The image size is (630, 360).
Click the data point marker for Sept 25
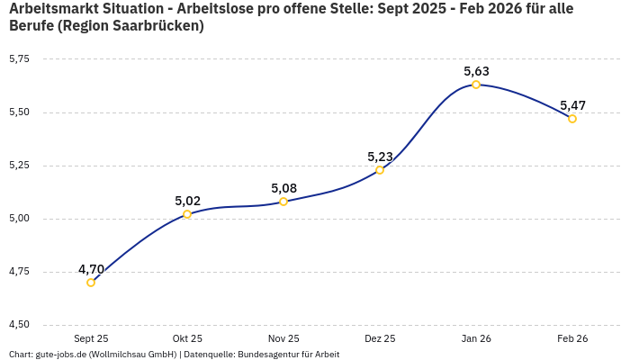pos(91,283)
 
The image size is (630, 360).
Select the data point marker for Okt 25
pos(187,214)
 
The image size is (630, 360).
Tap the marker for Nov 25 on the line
pos(283,202)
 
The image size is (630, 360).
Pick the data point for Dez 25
pos(380,169)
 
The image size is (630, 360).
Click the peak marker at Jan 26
pos(476,85)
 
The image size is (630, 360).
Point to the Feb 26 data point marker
pos(572,119)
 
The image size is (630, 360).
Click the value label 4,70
pos(91,269)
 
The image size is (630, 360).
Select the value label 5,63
pos(476,71)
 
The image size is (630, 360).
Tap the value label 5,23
pos(380,157)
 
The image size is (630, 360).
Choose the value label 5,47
pos(572,105)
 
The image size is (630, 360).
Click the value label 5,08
pos(283,188)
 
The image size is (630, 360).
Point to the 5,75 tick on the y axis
pos(19,58)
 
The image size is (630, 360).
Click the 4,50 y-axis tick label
pos(19,324)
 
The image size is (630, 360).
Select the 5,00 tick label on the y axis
pos(19,218)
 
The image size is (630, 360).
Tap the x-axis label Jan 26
pos(476,338)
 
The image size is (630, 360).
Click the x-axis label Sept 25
pos(91,338)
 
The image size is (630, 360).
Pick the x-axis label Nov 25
pos(283,338)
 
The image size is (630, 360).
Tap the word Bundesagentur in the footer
pos(265,355)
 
